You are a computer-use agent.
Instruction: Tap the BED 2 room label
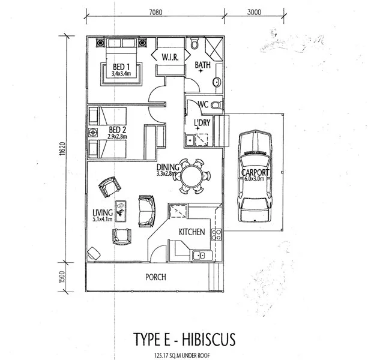(118, 130)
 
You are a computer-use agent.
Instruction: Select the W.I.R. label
(168, 57)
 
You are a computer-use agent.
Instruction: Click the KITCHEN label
(192, 232)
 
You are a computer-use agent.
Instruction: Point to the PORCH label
(155, 277)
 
